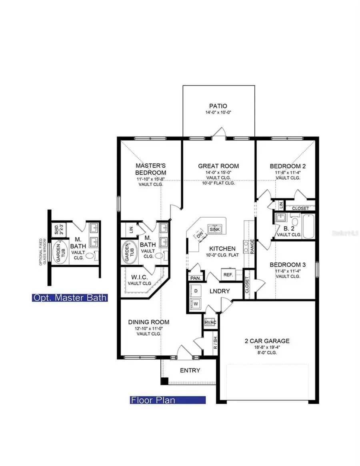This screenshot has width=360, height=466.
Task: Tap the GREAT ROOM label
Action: click(218, 166)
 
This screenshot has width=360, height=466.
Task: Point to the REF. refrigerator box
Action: click(228, 275)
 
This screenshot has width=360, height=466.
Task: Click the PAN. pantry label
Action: click(195, 278)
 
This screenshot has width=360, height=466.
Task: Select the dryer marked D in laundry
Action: click(196, 292)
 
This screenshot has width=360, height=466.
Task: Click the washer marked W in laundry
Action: click(196, 304)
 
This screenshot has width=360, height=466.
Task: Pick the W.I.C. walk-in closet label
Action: click(140, 277)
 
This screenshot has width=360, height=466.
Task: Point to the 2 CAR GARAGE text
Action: click(267, 341)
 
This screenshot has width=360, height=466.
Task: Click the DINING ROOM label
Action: click(148, 322)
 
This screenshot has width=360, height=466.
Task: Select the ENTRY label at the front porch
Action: click(190, 370)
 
